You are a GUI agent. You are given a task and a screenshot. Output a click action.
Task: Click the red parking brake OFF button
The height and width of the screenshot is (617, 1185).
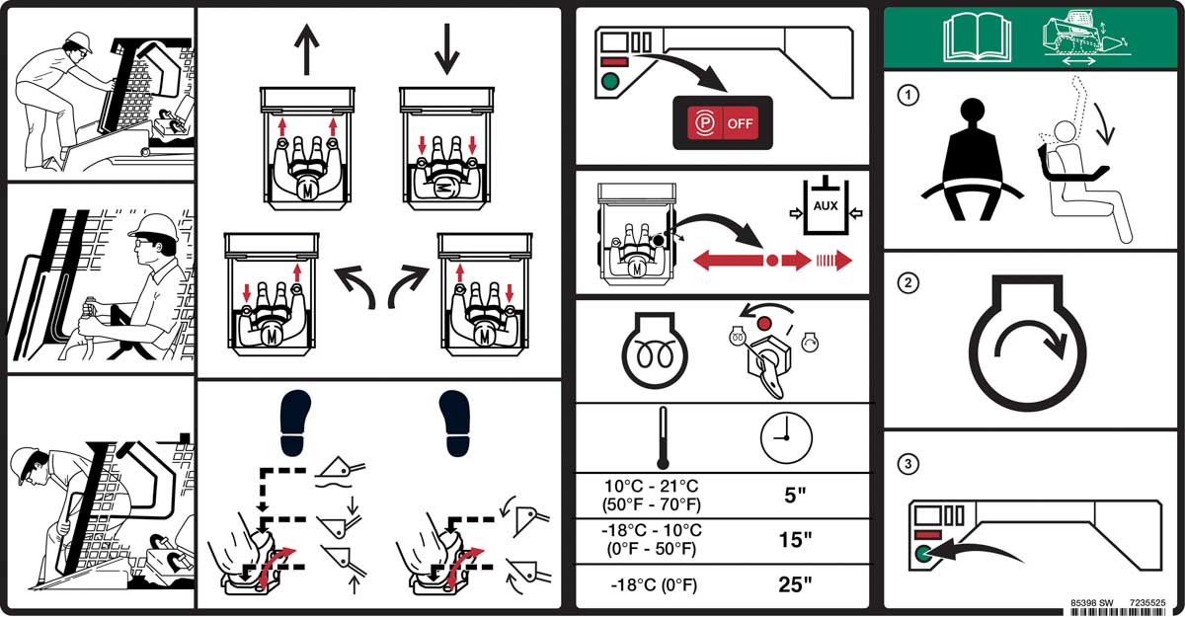pos(723,122)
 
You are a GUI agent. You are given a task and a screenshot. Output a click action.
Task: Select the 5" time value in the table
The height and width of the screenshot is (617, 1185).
pos(795,495)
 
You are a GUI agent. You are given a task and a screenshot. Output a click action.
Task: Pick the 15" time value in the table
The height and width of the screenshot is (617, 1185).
pos(795,540)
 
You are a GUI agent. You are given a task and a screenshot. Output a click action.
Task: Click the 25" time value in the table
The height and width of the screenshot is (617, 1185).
pos(795,584)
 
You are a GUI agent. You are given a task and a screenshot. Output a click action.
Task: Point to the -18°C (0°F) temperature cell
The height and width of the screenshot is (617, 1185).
pos(653,585)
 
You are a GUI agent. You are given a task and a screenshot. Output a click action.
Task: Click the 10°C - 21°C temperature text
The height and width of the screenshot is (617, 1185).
pos(653,486)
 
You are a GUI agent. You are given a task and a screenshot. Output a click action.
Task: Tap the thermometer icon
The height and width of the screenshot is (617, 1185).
pos(661,437)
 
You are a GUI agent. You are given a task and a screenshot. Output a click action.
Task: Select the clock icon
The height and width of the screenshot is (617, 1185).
pos(786,434)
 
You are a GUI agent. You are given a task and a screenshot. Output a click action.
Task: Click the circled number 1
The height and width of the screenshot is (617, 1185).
pos(906,96)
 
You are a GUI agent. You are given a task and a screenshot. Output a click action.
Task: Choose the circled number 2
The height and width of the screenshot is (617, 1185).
pos(906,283)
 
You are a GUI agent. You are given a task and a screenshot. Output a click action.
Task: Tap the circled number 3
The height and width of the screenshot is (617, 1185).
pos(906,462)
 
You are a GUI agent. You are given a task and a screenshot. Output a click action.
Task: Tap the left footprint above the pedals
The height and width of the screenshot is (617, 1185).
pos(295,423)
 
